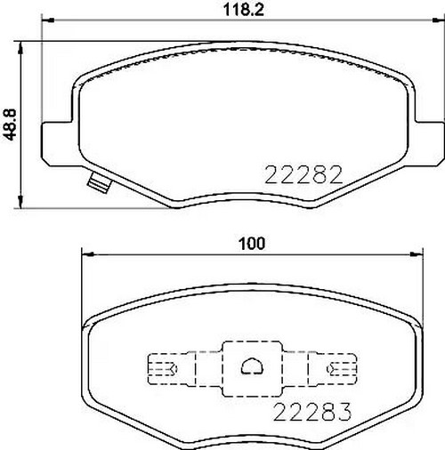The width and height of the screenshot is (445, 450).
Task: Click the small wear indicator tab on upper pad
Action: tap(97, 183)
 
